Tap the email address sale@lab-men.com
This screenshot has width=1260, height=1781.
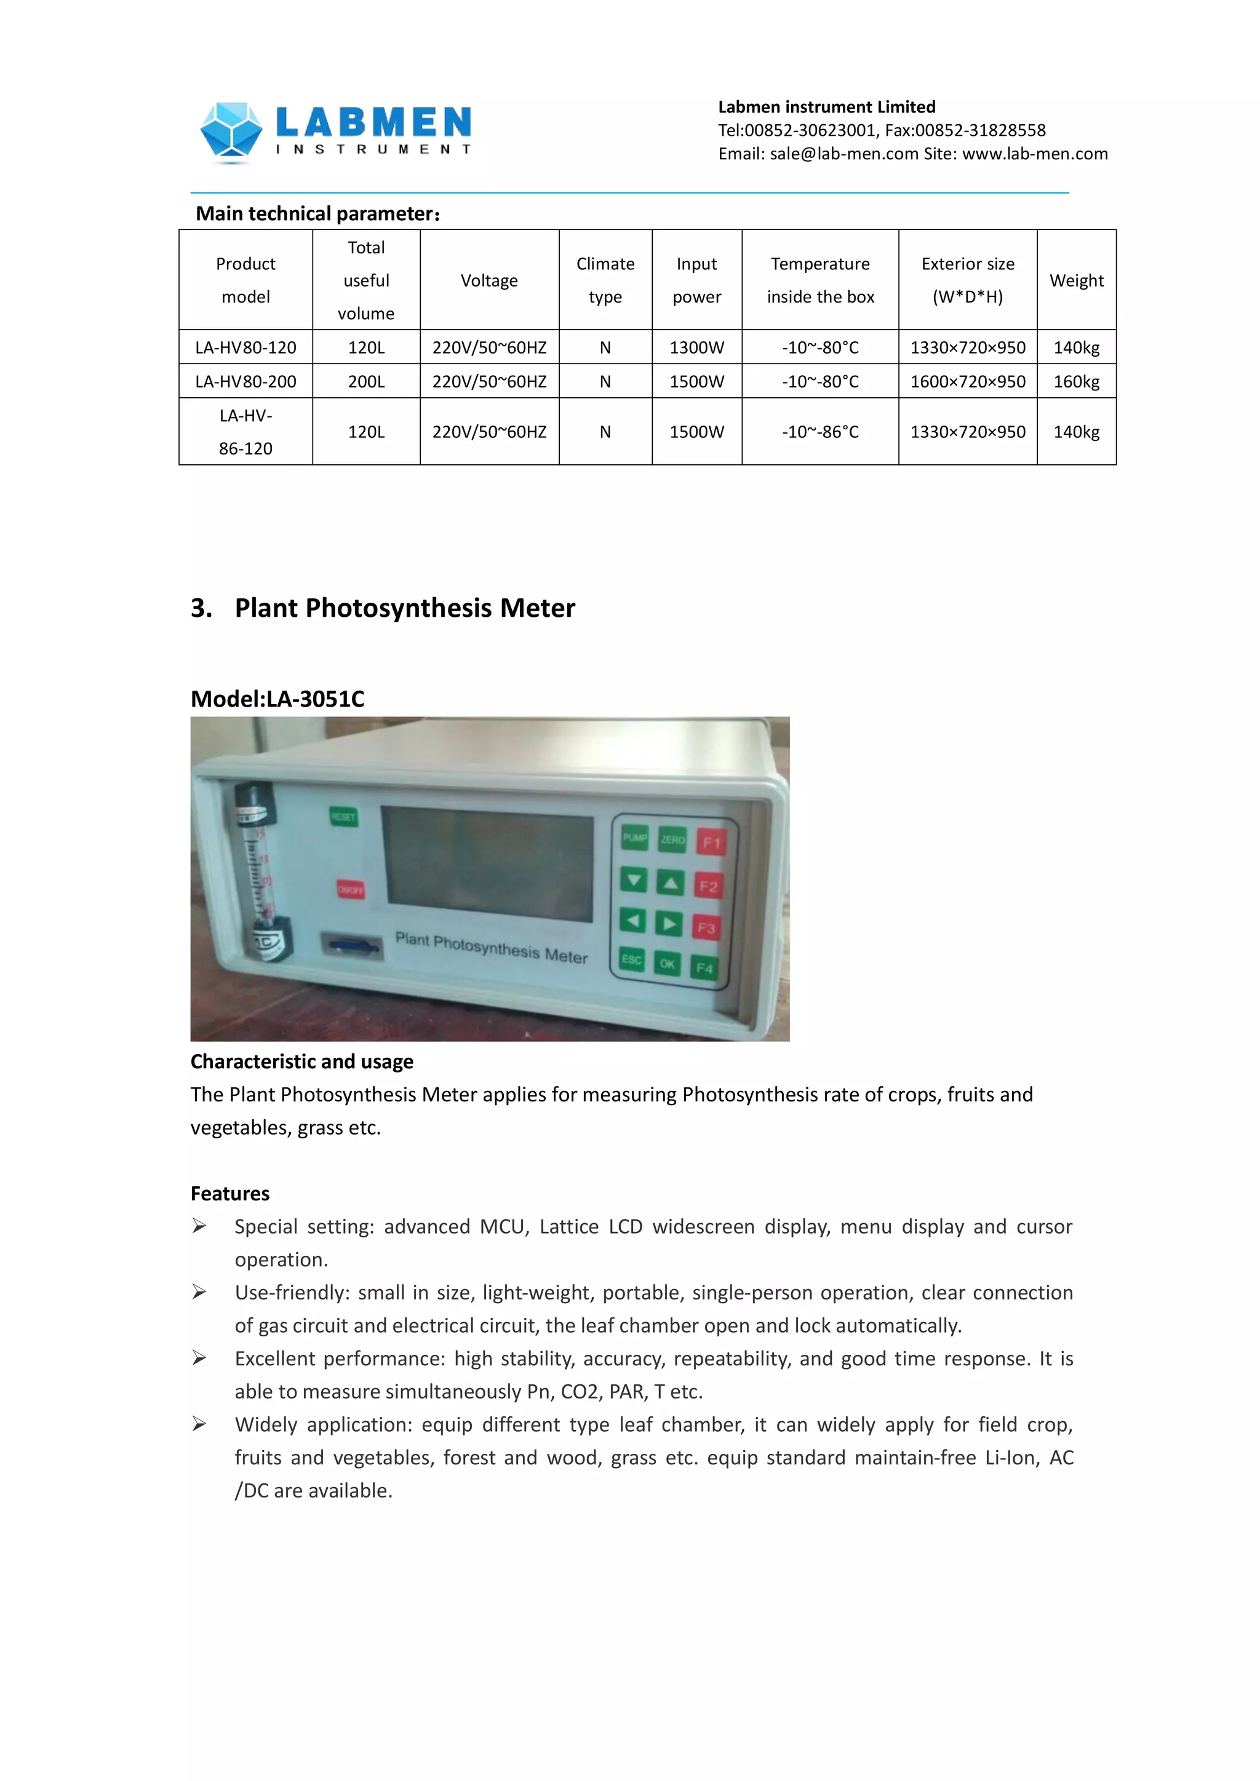tap(844, 154)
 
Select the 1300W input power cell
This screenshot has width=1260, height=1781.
tap(696, 347)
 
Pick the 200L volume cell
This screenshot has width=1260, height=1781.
tap(365, 382)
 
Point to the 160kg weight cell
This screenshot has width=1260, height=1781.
tap(1076, 382)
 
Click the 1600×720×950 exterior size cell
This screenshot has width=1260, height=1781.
tap(968, 382)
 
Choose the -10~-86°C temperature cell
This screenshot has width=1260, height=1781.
tap(820, 432)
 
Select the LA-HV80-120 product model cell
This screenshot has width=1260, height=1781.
tap(245, 347)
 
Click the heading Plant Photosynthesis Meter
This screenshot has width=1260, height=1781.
tap(404, 608)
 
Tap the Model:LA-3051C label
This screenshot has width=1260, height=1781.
tap(277, 699)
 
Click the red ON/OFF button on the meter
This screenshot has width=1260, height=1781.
tap(350, 890)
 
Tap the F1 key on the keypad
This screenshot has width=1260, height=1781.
tap(711, 843)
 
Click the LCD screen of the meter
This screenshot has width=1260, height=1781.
tap(488, 863)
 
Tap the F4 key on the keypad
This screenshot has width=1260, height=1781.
tap(704, 967)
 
